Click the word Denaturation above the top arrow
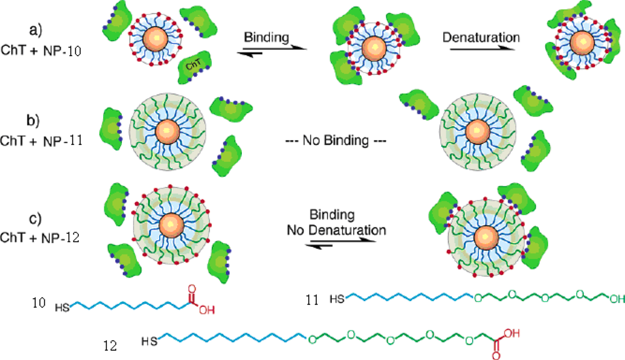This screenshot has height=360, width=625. pyautogui.click(x=481, y=37)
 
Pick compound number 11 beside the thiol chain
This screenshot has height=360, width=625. pyautogui.click(x=312, y=300)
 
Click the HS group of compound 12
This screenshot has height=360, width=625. pyautogui.click(x=149, y=341)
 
